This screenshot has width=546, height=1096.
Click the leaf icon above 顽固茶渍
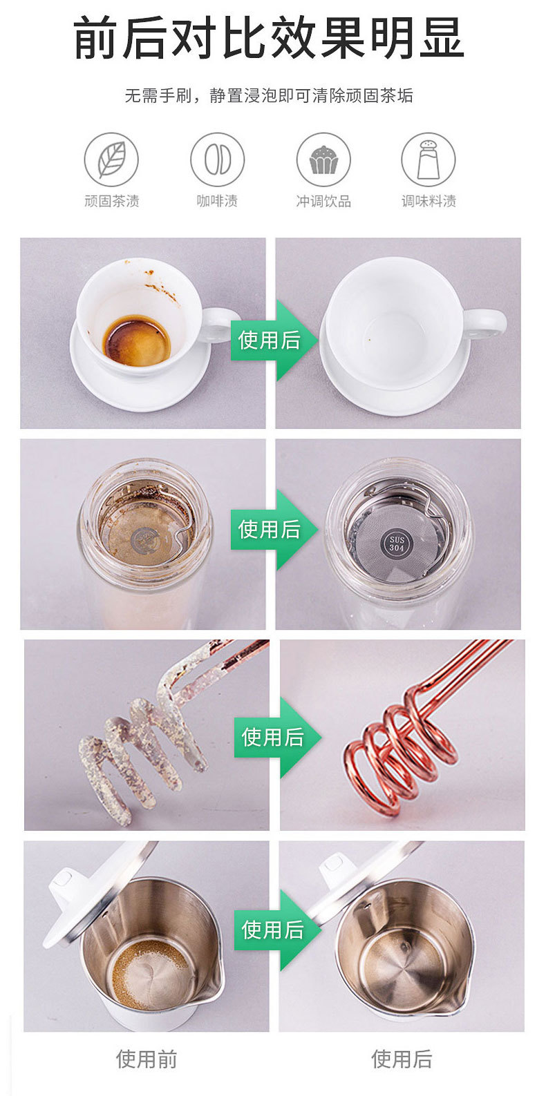click(x=111, y=160)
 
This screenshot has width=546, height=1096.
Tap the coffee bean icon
click(x=217, y=160)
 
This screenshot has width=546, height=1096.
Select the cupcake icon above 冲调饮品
click(x=323, y=160)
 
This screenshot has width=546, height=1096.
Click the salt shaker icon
click(x=429, y=160)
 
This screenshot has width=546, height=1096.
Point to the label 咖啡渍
click(x=217, y=201)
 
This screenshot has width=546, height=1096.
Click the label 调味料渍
click(x=429, y=201)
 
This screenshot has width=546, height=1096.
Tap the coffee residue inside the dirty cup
click(x=137, y=340)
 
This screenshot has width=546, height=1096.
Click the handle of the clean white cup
click(x=485, y=324)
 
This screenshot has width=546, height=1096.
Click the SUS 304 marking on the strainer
click(x=397, y=543)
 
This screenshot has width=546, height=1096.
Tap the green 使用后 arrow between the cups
click(x=271, y=340)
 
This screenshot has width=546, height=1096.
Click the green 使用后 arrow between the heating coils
click(x=274, y=737)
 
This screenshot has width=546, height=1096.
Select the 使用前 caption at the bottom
click(x=147, y=1059)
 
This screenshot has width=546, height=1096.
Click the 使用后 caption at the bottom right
click(x=402, y=1059)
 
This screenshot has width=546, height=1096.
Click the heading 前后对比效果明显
click(x=269, y=39)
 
